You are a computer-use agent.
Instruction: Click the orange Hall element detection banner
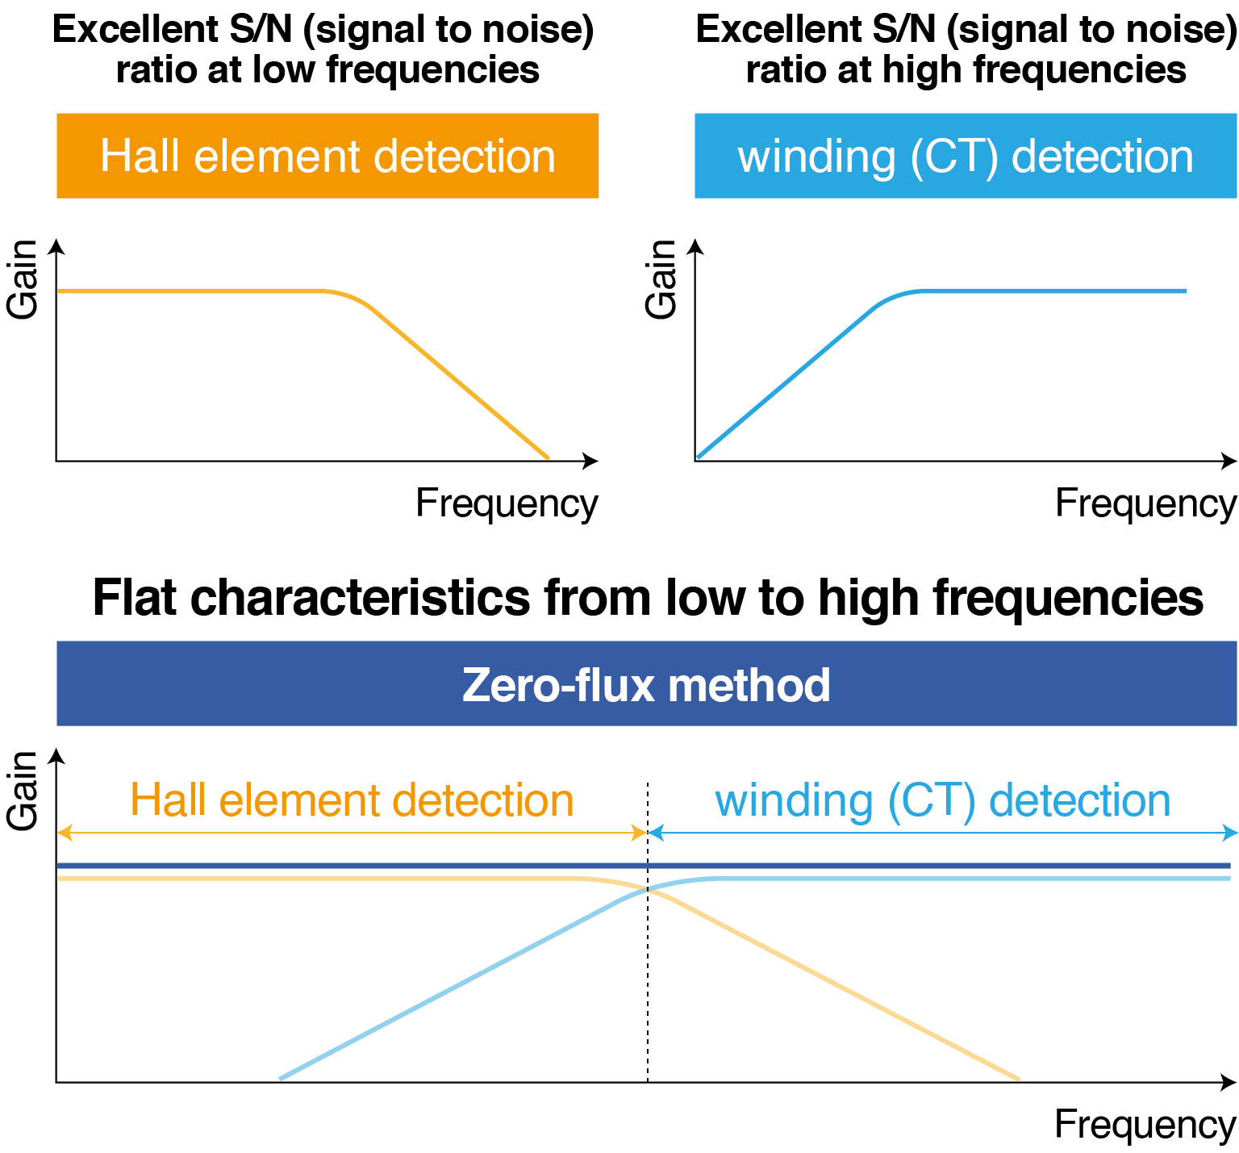pos(327,156)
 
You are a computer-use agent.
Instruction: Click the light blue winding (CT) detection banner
pos(966,156)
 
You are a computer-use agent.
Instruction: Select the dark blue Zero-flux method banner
pos(646,684)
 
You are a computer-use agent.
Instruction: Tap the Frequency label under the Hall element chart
pos(507,503)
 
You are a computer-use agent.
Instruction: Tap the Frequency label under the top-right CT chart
pos(1145,503)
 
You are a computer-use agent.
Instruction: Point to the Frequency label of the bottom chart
pos(1145,1124)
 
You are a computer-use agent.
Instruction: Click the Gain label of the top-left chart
pos(23,279)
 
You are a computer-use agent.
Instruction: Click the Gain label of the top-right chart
pos(661,279)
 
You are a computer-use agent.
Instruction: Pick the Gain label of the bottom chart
pos(23,790)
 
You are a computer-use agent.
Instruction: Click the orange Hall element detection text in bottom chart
pos(352,800)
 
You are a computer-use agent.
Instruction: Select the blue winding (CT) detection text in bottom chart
pos(942,800)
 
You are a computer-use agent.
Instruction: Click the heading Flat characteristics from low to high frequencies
pos(648,598)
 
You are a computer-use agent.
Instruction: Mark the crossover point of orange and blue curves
pos(648,889)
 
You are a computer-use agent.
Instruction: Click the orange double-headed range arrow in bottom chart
pos(352,833)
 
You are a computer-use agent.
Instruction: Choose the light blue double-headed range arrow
pos(942,833)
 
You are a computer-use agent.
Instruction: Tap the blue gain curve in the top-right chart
pos(1049,290)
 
